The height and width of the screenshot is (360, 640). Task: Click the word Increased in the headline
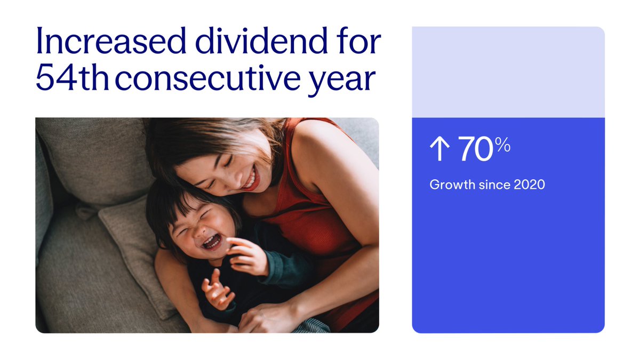pos(111,41)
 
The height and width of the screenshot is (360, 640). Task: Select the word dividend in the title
pos(261,41)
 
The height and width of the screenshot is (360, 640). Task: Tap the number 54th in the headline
pos(73,77)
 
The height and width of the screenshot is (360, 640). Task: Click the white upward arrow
pos(439,149)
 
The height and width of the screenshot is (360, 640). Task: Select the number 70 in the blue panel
pos(475,149)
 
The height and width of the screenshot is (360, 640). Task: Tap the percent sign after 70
pos(503,145)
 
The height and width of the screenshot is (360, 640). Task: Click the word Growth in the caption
pos(452,185)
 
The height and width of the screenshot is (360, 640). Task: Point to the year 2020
pos(530,185)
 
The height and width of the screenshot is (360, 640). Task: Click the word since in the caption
pos(494,185)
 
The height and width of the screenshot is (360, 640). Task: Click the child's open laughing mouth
pos(212,242)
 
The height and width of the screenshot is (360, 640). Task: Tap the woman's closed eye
pos(228,162)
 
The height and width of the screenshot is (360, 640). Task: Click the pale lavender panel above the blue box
pos(508,72)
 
